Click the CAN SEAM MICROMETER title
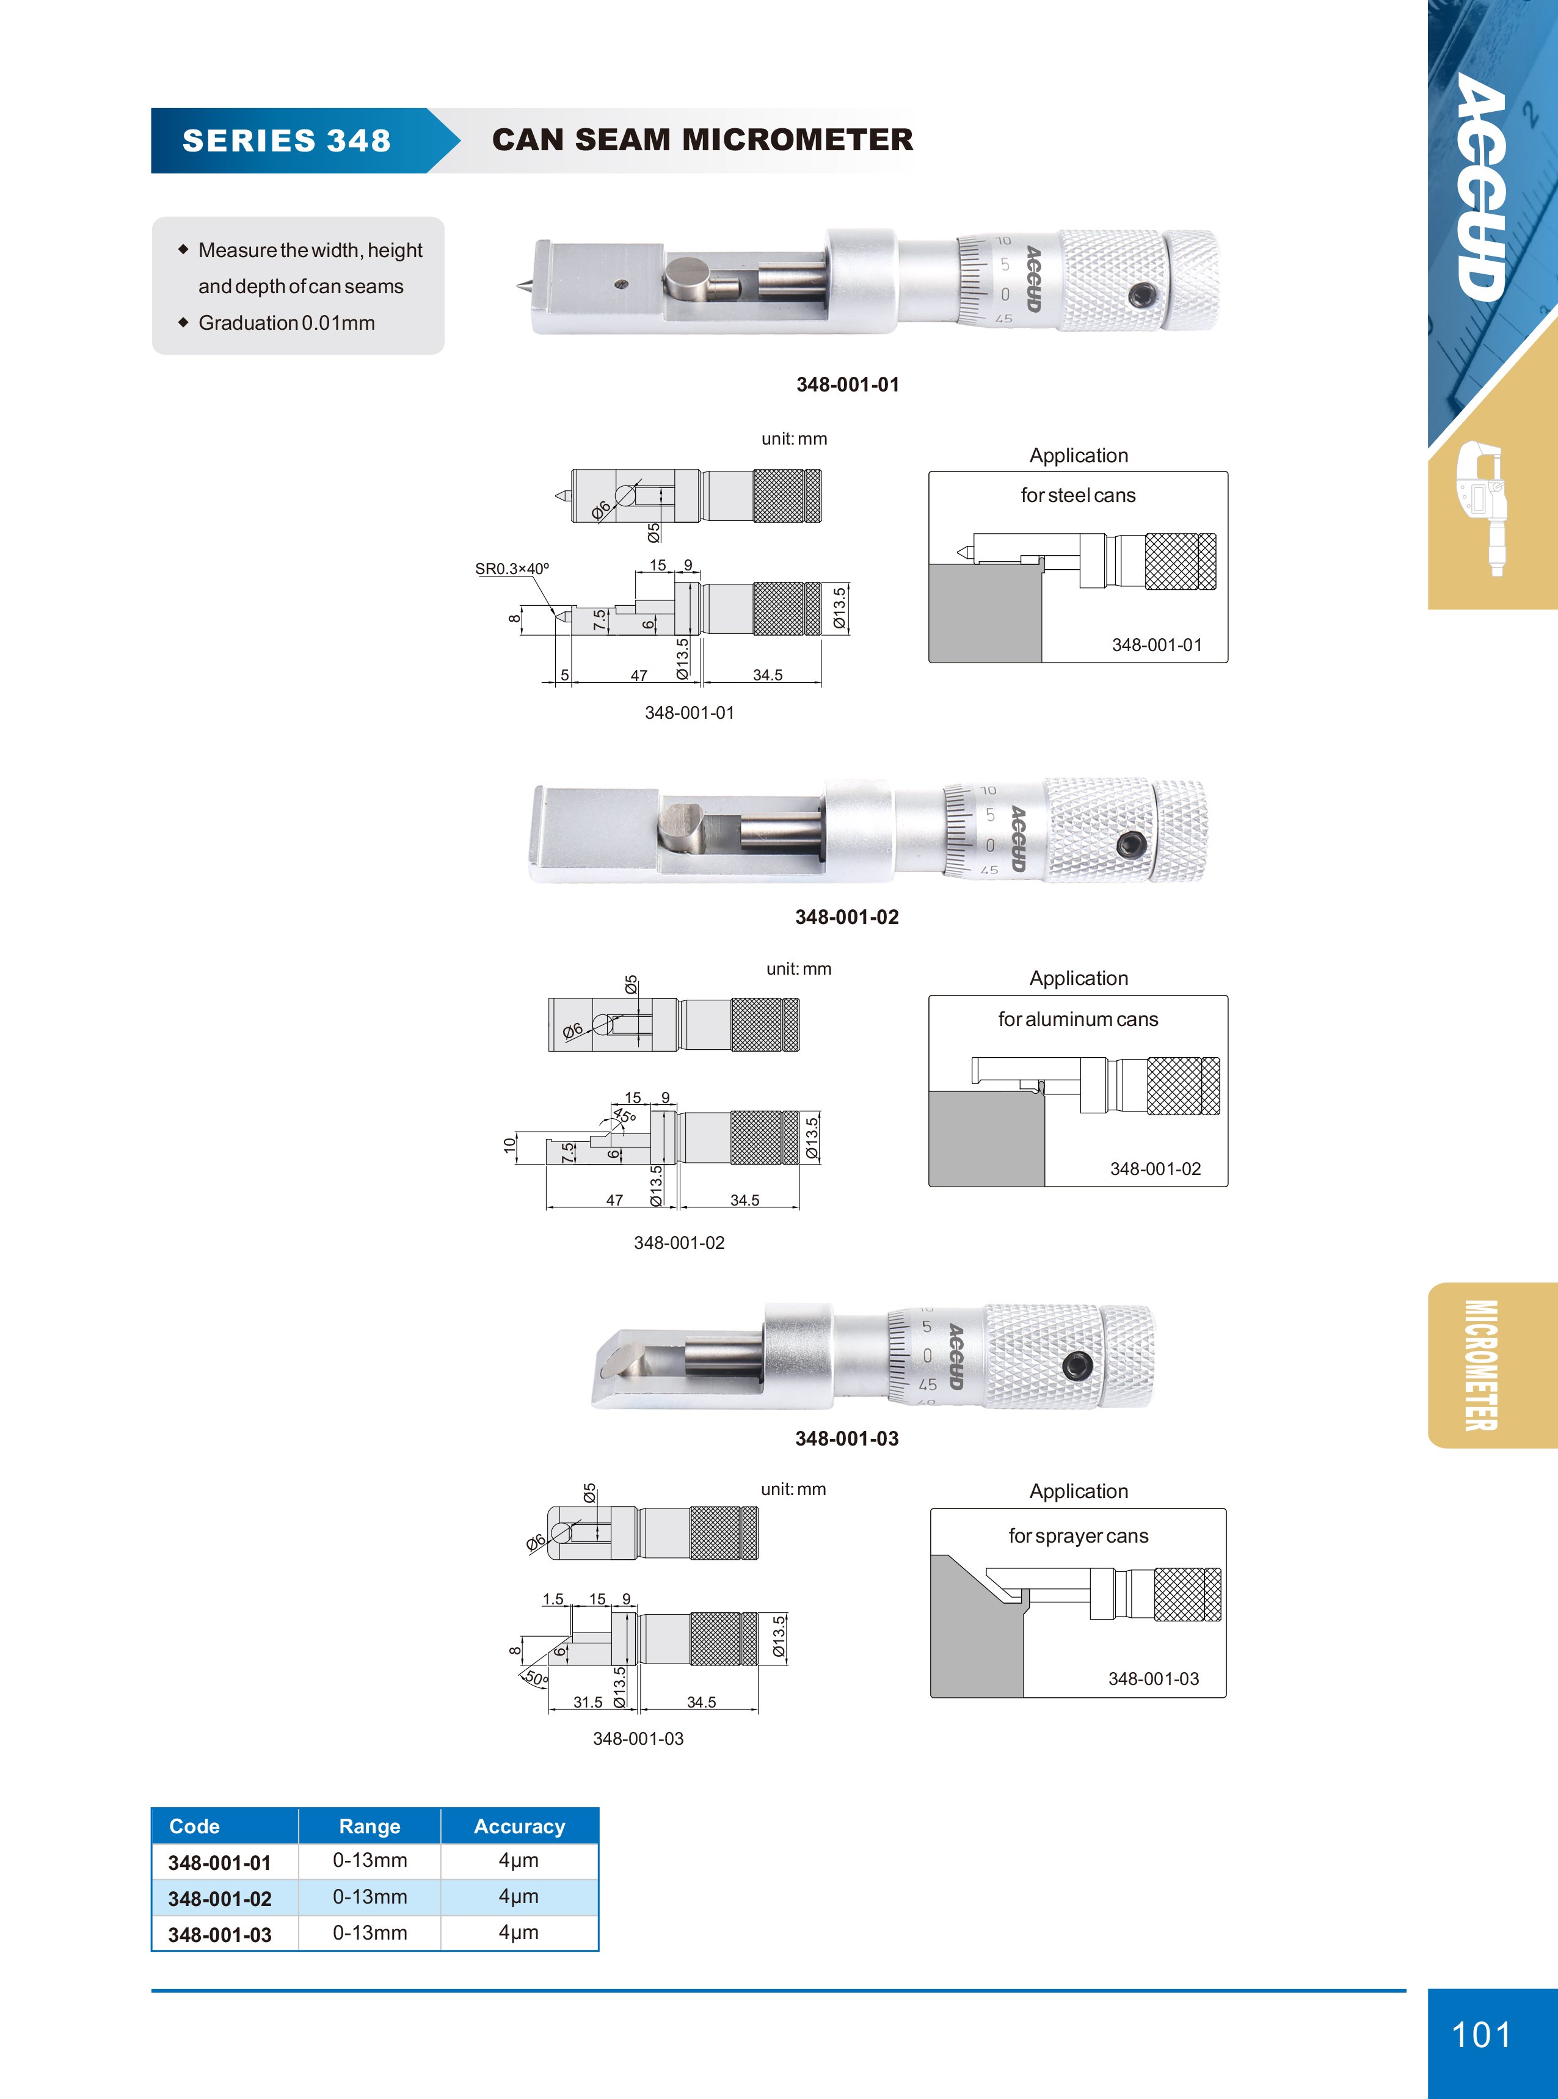(x=702, y=140)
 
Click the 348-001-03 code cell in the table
(x=220, y=1934)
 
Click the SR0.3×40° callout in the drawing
(x=512, y=569)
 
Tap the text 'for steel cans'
(x=1078, y=495)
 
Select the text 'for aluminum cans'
(x=1078, y=1019)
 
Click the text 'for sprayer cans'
(x=1078, y=1536)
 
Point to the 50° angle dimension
(x=535, y=1678)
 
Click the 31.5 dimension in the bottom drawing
(x=588, y=1702)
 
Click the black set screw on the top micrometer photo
(x=1140, y=295)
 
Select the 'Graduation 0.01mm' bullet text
(x=286, y=322)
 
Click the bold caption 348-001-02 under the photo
(x=847, y=917)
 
